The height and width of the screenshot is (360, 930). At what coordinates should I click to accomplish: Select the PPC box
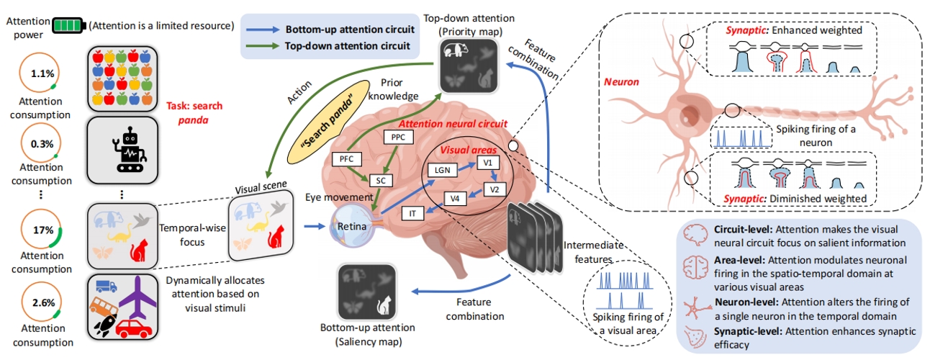398,137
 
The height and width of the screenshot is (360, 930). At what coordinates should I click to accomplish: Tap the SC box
381,180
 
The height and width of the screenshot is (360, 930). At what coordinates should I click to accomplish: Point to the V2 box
494,189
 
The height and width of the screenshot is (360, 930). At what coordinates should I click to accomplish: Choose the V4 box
454,198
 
